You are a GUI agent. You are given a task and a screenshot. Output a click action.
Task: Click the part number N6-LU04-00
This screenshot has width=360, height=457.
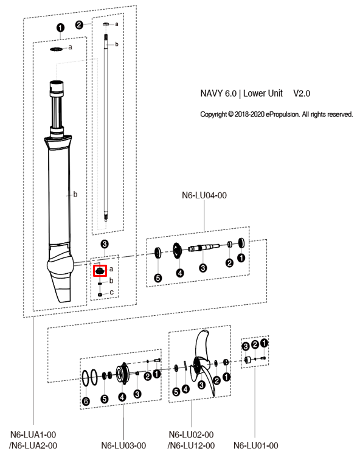(x=204, y=195)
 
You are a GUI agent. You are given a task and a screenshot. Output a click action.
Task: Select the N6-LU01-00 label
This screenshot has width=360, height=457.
(x=256, y=445)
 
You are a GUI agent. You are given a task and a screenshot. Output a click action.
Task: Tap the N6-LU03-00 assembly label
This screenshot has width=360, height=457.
(x=123, y=445)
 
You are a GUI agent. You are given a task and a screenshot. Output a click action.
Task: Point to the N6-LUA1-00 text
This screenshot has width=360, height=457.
(x=34, y=434)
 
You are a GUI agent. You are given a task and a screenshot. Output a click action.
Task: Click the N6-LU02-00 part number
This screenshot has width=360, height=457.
(x=190, y=434)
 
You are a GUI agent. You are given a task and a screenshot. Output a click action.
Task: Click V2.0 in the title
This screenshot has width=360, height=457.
(x=302, y=94)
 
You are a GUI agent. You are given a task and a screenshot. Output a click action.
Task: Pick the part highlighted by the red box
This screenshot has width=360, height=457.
(x=99, y=270)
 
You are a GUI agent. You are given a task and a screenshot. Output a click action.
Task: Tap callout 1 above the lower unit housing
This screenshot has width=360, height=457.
(x=60, y=27)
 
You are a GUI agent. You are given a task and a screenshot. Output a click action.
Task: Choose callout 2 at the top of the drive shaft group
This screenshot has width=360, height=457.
(x=79, y=24)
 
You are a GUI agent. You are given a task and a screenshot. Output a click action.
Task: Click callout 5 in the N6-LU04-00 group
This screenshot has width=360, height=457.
(x=157, y=278)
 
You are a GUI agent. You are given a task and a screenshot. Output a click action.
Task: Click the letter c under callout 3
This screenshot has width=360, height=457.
(x=111, y=293)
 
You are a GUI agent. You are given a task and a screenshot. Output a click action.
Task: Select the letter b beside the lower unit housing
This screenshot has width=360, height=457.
(x=75, y=195)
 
